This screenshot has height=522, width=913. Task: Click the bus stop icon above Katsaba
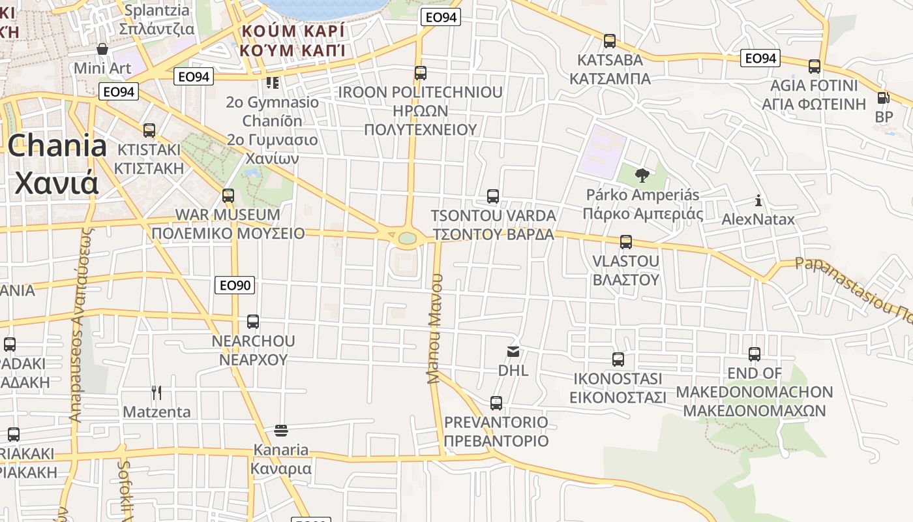[610, 41]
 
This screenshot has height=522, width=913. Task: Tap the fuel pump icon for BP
[884, 98]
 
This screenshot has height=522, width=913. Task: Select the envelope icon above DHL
[513, 352]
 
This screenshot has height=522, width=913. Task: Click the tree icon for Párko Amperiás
[642, 175]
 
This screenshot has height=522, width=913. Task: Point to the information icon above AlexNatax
[758, 200]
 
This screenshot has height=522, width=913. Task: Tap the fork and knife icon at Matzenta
[157, 392]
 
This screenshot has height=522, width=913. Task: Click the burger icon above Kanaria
[281, 430]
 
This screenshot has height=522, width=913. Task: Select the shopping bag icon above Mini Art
[102, 49]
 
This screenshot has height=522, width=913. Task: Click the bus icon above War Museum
[228, 195]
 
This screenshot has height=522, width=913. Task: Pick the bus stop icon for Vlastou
[626, 242]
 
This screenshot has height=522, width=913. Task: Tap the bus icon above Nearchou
[253, 322]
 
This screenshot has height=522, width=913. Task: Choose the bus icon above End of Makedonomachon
[755, 354]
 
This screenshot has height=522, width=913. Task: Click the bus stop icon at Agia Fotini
[815, 67]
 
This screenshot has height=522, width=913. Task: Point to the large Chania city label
[57, 164]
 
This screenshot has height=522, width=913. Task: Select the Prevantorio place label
[496, 431]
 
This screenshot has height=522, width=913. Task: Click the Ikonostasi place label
[618, 388]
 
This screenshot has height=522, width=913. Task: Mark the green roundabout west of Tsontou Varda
[408, 238]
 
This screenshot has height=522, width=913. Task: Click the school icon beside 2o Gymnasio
[272, 83]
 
